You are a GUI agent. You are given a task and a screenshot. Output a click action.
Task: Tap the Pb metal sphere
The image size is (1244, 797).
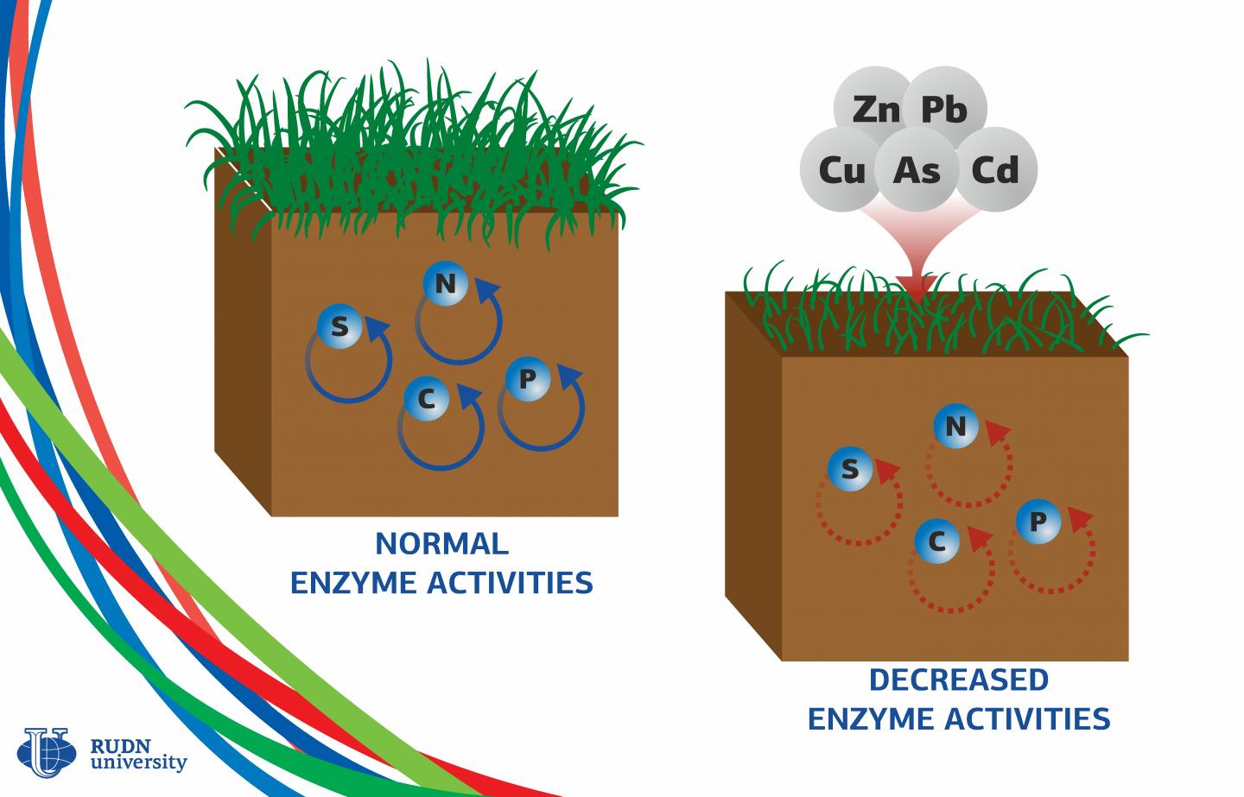pyautogui.click(x=943, y=110)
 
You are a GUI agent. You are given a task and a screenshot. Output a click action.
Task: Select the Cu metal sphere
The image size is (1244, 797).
pyautogui.click(x=840, y=170)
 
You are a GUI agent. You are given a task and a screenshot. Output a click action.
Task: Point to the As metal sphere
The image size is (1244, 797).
pyautogui.click(x=917, y=170)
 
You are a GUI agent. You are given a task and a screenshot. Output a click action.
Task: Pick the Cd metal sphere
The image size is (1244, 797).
pyautogui.click(x=994, y=169)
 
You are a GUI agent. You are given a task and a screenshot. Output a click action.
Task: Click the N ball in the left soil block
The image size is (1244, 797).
pyautogui.click(x=445, y=284)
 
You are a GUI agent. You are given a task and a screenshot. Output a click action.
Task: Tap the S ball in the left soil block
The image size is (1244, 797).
pyautogui.click(x=340, y=326)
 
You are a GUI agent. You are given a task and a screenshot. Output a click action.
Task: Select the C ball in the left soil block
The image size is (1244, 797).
pyautogui.click(x=426, y=399)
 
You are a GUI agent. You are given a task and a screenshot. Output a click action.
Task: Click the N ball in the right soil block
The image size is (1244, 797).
pyautogui.click(x=955, y=427)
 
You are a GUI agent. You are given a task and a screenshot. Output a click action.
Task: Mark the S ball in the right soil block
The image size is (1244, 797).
pyautogui.click(x=850, y=468)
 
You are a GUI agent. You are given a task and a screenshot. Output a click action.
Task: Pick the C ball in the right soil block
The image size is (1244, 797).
pyautogui.click(x=936, y=541)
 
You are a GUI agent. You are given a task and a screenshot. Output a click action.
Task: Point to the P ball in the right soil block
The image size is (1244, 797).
pyautogui.click(x=1038, y=521)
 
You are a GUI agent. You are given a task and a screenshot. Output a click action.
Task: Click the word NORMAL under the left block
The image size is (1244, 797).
pyautogui.click(x=441, y=544)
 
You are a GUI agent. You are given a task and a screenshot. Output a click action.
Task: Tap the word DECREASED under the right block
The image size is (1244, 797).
pyautogui.click(x=958, y=680)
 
